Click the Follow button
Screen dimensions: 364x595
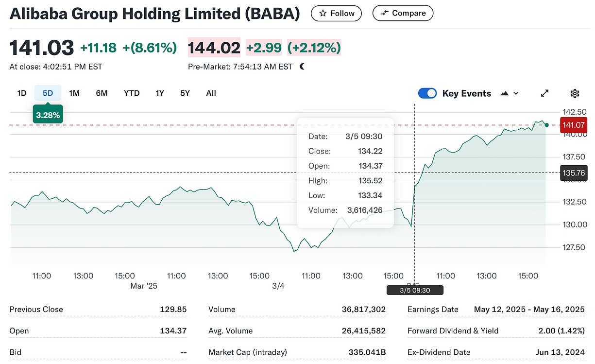coord(336,14)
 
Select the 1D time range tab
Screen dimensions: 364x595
coord(22,93)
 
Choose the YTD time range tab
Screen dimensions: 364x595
coord(132,93)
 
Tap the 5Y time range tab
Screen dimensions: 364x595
coord(185,93)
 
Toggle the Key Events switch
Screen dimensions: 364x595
coord(427,93)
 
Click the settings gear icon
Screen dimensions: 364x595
coord(575,93)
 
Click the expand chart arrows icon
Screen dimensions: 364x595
coord(545,93)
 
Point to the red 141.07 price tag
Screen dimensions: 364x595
coord(573,125)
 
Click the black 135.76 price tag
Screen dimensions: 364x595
coord(573,173)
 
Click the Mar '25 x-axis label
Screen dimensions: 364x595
coord(144,286)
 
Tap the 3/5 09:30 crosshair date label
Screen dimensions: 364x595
coord(415,291)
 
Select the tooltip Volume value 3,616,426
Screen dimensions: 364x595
coord(365,210)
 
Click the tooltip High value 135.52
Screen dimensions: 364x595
coord(370,181)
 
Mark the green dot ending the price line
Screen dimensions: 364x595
coord(547,125)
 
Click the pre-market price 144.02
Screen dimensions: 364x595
coord(214,48)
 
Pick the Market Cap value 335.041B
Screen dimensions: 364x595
coord(367,352)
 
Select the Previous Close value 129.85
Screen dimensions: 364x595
coord(173,310)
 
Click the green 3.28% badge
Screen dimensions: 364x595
coord(48,115)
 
